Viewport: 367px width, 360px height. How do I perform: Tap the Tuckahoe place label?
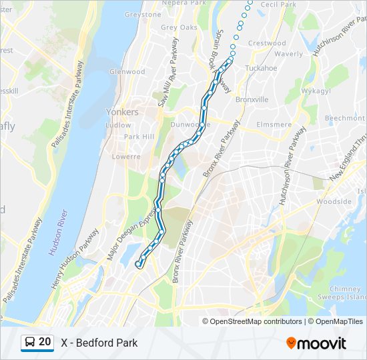[x=261, y=68]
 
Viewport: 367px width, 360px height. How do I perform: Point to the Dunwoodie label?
[x=190, y=124]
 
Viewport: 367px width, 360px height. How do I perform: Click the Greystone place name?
[x=143, y=15]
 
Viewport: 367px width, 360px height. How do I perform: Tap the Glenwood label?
[x=127, y=71]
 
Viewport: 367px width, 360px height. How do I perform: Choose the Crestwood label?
[x=267, y=43]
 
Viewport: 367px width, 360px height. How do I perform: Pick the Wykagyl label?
[x=317, y=90]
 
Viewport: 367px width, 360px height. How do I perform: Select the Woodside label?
[x=334, y=201]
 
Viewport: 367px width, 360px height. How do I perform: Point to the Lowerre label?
[x=126, y=157]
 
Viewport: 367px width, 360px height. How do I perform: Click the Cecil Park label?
[x=278, y=5]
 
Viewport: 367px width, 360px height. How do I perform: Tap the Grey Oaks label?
[x=179, y=27]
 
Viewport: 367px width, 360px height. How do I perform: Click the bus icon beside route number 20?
[x=31, y=342]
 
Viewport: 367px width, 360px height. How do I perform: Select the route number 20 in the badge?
[x=45, y=342]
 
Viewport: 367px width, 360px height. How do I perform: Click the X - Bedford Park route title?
[x=99, y=343]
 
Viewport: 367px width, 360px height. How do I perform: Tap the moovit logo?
[x=316, y=343]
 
